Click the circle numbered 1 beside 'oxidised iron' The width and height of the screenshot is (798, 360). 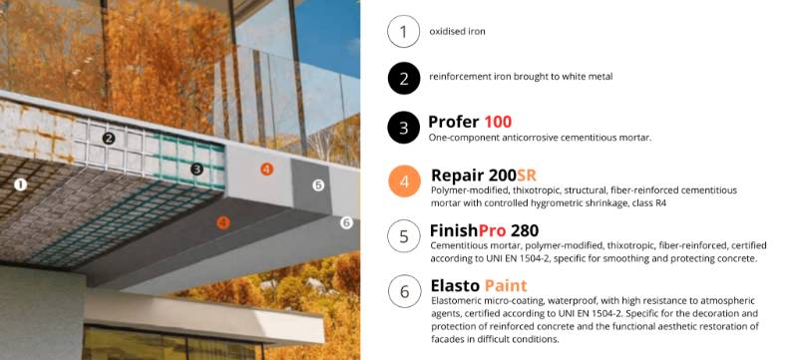[403, 32]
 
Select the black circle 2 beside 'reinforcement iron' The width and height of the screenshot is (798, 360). [403, 77]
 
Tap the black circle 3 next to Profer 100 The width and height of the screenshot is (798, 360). [403, 127]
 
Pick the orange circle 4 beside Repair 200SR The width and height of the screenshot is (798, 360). [403, 181]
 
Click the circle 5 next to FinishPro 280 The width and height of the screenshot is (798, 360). [403, 236]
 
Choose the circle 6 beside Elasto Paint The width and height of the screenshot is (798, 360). [403, 291]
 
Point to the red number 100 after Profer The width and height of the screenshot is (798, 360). [498, 122]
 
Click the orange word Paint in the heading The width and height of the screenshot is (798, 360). [507, 284]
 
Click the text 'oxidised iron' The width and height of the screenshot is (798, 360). [457, 32]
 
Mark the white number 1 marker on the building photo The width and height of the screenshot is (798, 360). [21, 183]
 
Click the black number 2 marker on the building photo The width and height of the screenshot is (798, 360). [109, 139]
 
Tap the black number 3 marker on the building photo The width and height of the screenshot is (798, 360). [197, 170]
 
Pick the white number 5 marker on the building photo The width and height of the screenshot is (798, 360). [318, 184]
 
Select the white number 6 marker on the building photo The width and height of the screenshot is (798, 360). [346, 222]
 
